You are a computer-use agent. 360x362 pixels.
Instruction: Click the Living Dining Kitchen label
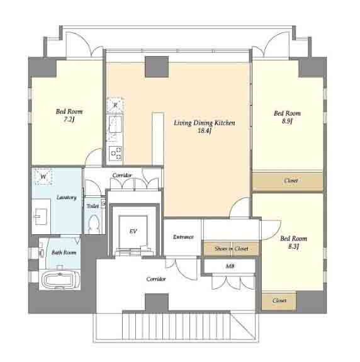pos(205,123)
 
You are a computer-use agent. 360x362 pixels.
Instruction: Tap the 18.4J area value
pos(205,131)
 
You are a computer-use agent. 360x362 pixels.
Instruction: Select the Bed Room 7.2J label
pos(69,115)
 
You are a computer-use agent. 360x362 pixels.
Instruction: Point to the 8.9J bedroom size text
pos(287,121)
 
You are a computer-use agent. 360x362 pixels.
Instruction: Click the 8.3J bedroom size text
pos(293,246)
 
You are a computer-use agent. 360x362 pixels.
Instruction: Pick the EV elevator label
pos(133,231)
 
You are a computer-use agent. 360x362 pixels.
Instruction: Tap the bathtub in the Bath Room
pos(60,280)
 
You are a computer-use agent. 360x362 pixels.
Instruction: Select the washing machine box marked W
pos(43,177)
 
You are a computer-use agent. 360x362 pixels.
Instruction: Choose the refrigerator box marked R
pos(115,105)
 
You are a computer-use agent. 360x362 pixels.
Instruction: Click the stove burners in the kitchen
pos(115,153)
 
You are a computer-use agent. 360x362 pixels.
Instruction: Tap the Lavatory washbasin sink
pos(41,217)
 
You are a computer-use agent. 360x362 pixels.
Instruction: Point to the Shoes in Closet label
pos(231,249)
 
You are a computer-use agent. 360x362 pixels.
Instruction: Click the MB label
pos(230,266)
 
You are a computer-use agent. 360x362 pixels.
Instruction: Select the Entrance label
pos(183,237)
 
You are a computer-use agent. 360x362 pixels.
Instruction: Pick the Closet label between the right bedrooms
pos(291,180)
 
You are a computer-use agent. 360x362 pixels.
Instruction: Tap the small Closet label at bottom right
pos(279,300)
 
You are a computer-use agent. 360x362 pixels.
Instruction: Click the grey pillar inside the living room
pos(157,67)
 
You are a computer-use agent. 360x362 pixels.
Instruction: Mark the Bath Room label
pos(64,252)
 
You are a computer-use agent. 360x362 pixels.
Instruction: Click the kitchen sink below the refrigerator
pos(115,124)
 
